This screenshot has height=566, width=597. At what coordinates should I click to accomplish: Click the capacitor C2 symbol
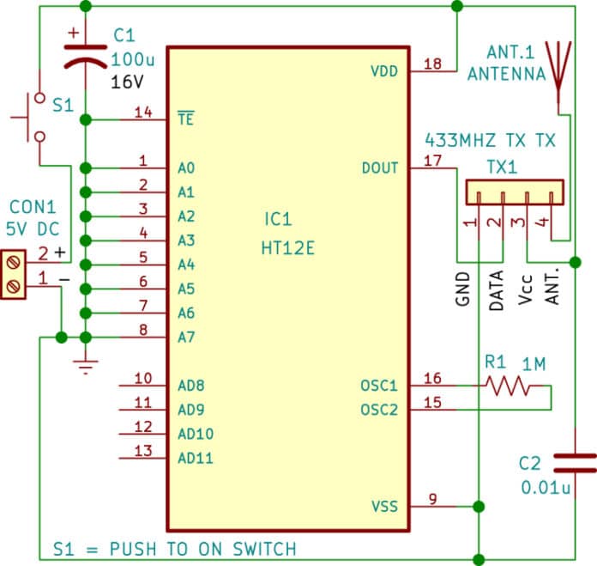click(573, 464)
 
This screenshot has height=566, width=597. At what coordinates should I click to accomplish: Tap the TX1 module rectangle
click(514, 192)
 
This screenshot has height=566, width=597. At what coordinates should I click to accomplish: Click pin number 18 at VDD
click(432, 63)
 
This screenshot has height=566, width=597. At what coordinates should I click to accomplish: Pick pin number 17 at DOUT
click(432, 159)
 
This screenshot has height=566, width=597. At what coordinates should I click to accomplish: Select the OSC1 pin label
click(380, 386)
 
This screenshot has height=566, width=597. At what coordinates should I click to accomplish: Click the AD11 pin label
click(196, 458)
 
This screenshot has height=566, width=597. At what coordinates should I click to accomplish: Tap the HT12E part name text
click(288, 248)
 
